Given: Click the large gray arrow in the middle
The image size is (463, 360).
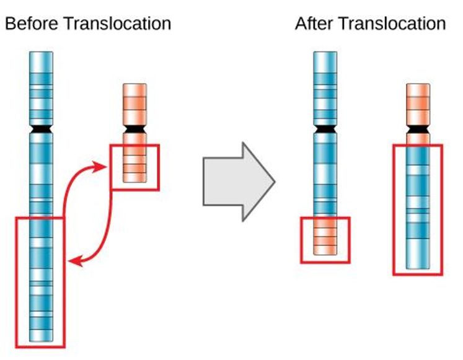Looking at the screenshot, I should point(238,181).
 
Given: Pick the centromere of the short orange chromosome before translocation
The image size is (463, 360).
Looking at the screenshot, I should point(134,129).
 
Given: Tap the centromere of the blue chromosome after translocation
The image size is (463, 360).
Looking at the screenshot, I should point(325,129).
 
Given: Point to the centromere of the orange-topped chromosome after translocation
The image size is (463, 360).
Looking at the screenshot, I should point(418,129).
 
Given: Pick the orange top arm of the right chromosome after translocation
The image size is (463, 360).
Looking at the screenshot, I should point(418,103).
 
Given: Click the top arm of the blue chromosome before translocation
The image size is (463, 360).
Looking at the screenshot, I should point(41,87).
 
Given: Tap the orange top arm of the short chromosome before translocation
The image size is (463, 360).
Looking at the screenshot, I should point(134,103).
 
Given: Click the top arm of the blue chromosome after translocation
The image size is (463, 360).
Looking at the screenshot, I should point(325,87).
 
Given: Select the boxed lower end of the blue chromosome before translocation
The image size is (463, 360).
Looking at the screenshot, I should point(41,282).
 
